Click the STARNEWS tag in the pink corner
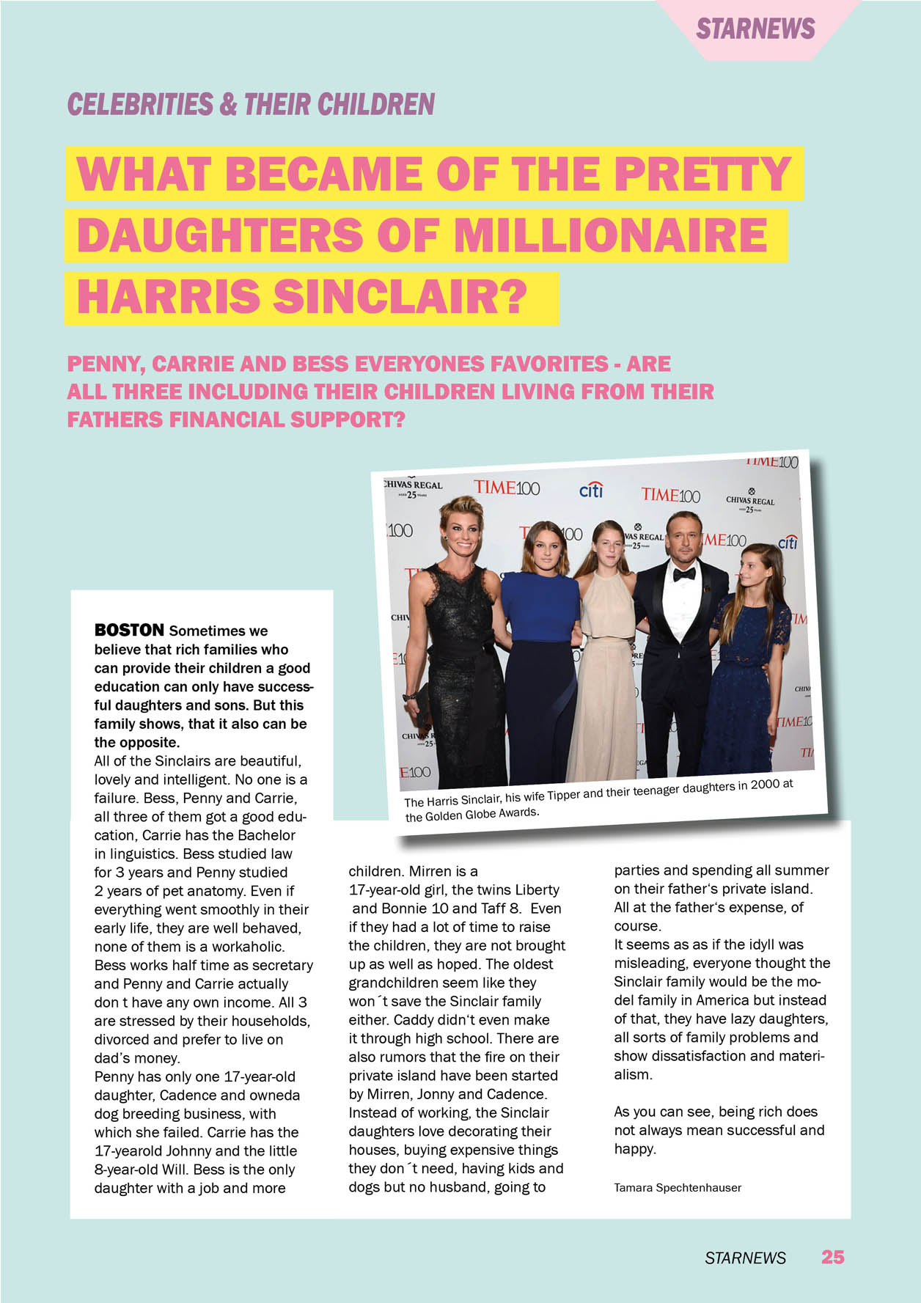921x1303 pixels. pyautogui.click(x=755, y=29)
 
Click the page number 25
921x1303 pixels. pyautogui.click(x=832, y=1257)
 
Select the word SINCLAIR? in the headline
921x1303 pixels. pyautogui.click(x=400, y=298)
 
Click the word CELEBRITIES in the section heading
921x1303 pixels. pyautogui.click(x=139, y=104)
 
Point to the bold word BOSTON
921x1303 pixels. pyautogui.click(x=129, y=630)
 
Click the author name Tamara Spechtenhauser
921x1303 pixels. pyautogui.click(x=677, y=1187)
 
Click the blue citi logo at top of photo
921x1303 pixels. pyautogui.click(x=591, y=489)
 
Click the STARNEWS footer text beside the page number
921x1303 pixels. pyautogui.click(x=745, y=1258)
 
